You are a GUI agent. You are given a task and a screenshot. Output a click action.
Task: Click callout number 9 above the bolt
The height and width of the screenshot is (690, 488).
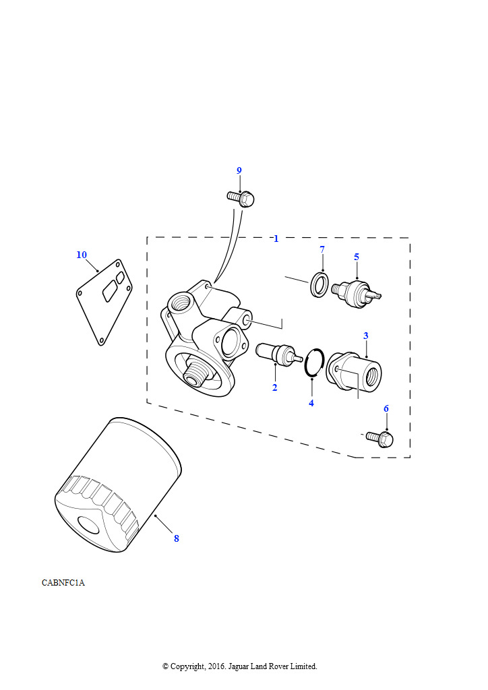[x=239, y=170]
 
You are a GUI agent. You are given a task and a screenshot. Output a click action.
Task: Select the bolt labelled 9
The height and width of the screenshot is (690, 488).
[x=241, y=199]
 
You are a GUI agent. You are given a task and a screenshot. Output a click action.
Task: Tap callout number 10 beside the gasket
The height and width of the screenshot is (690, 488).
[x=82, y=255]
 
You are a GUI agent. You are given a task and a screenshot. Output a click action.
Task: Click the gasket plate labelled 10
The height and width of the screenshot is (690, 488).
[x=104, y=303]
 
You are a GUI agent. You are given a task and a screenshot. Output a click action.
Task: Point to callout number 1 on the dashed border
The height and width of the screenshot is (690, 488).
[x=276, y=239]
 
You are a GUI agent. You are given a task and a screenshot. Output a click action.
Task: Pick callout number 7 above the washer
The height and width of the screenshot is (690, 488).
[x=322, y=249]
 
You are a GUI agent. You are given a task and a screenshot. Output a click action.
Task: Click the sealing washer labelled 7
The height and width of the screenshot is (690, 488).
[x=319, y=285]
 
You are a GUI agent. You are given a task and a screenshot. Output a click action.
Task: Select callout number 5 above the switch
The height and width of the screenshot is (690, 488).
[x=357, y=257]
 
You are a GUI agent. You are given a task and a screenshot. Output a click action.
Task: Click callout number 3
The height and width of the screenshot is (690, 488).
[x=366, y=336]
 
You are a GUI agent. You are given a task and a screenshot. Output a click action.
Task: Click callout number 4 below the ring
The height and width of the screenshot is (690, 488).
[x=311, y=403]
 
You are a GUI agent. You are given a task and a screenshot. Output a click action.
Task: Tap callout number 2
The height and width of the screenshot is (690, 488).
[x=274, y=387]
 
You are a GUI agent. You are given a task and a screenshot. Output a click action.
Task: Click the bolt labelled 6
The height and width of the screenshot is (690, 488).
[x=379, y=439]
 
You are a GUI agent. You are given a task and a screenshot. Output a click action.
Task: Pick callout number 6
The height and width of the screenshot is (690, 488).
[x=386, y=409]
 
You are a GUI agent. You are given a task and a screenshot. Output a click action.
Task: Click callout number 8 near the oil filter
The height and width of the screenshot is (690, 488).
[x=177, y=538]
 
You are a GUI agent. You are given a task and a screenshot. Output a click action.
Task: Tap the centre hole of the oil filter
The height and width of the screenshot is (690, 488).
[x=90, y=525]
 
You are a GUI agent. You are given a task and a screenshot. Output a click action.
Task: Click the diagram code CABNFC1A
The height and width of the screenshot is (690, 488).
[x=63, y=583]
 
